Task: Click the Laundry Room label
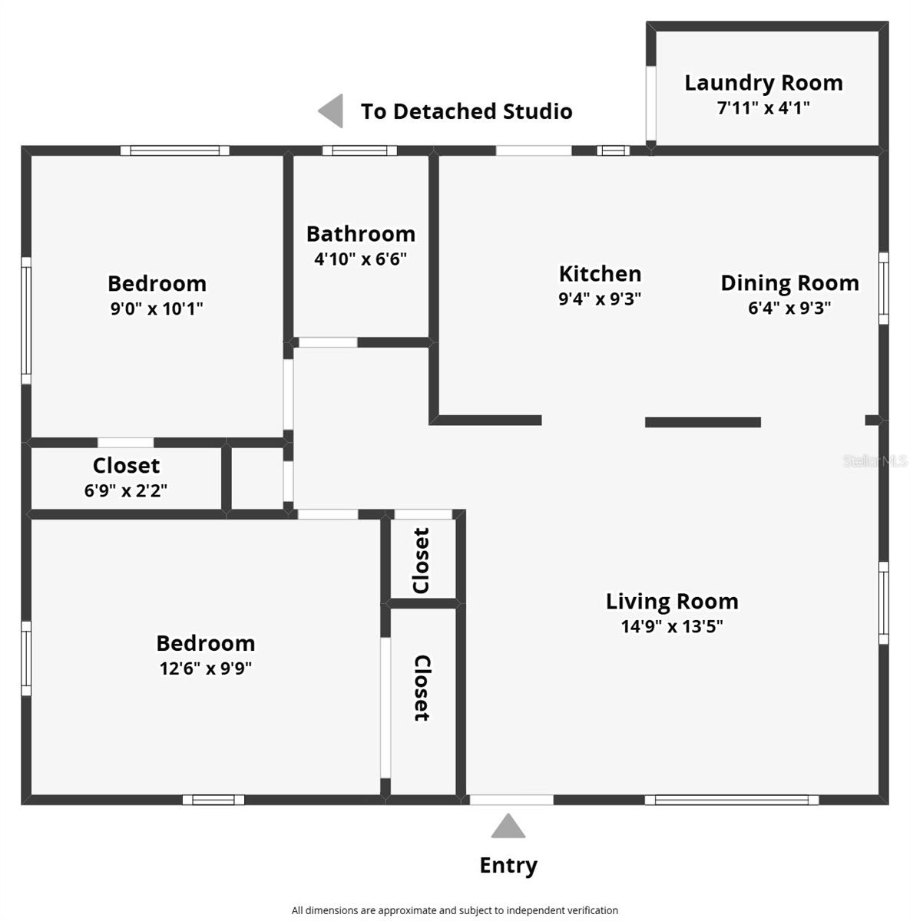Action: click(x=763, y=83)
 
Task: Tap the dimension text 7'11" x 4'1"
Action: click(x=763, y=108)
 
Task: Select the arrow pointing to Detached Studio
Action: click(x=331, y=111)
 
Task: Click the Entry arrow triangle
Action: click(x=508, y=827)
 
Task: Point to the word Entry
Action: click(x=508, y=865)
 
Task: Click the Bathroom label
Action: click(x=360, y=234)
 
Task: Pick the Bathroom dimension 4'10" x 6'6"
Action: click(x=360, y=259)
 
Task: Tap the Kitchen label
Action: click(x=600, y=274)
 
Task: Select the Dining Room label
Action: click(x=789, y=283)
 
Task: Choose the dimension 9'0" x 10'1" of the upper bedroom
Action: click(x=157, y=309)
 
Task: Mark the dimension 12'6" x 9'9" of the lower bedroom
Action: click(x=205, y=668)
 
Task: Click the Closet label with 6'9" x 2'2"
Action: click(x=126, y=466)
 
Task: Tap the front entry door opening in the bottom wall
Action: click(x=511, y=800)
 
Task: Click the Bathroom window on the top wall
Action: click(x=359, y=150)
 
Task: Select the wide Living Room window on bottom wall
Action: click(x=731, y=800)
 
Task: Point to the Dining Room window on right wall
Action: click(x=883, y=288)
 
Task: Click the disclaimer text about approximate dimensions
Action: click(x=455, y=910)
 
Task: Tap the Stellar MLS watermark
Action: click(x=875, y=461)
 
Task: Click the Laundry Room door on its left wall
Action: click(x=651, y=104)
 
